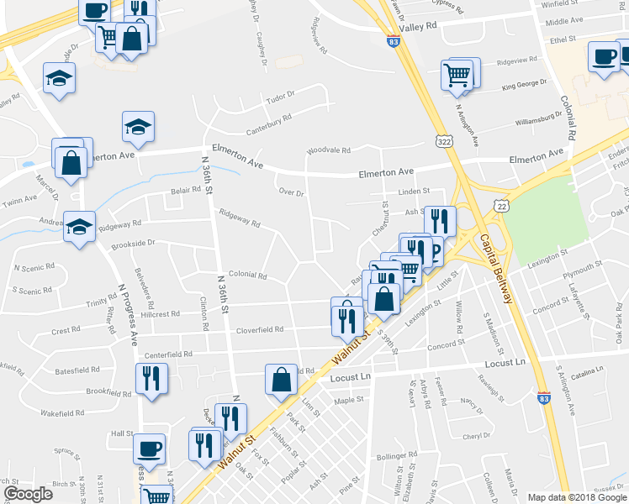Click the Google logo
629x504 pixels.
point(28,494)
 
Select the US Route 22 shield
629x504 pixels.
point(502,206)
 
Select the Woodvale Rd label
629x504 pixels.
point(329,150)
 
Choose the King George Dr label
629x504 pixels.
point(524,84)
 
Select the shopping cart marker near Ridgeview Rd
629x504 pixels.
point(457,73)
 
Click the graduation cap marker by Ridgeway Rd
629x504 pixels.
point(80,226)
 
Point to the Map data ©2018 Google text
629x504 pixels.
point(576,497)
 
